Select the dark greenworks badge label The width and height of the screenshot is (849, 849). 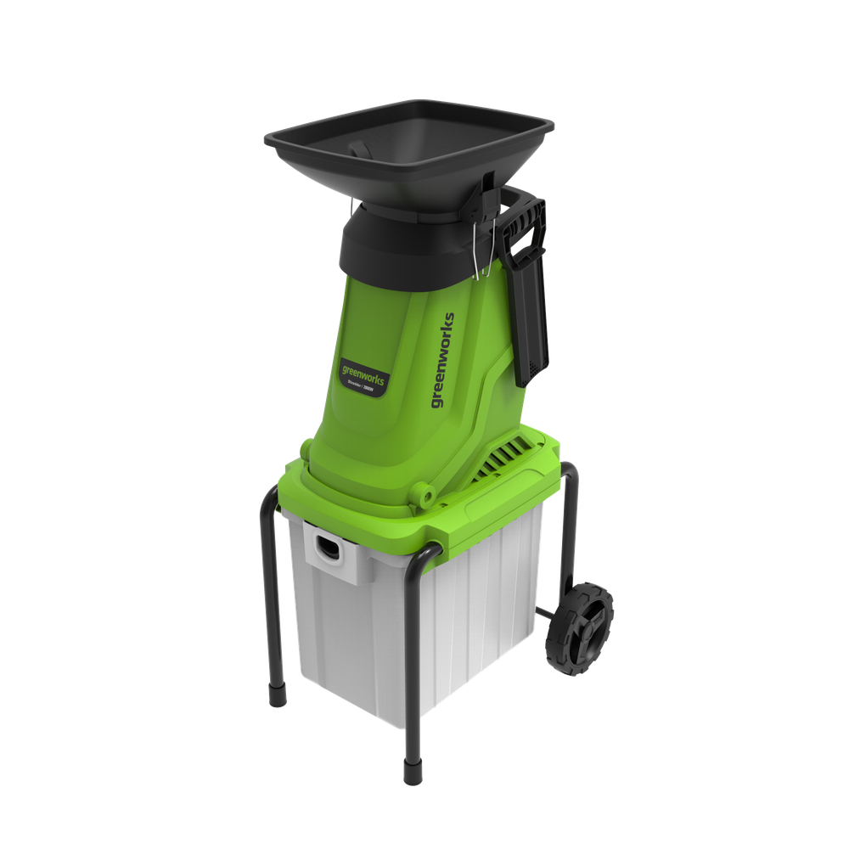point(363,375)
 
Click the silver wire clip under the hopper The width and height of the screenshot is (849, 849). point(481,250)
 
